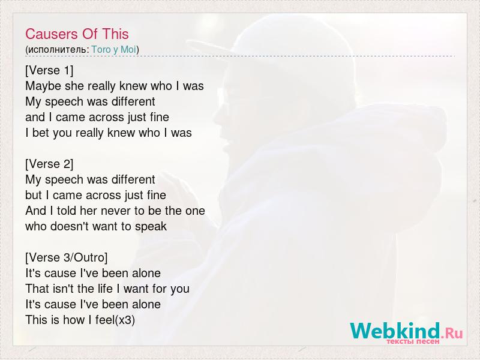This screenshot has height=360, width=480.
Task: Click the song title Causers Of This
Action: click(77, 34)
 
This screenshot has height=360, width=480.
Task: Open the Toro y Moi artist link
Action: click(113, 49)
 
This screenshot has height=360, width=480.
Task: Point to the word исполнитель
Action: click(56, 50)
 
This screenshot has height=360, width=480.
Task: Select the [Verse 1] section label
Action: click(49, 70)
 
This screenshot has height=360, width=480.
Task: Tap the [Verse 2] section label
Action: click(49, 164)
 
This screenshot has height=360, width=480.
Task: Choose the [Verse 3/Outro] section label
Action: click(67, 258)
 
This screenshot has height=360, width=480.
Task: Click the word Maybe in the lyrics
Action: click(43, 86)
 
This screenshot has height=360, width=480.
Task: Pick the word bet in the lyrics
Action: click(41, 133)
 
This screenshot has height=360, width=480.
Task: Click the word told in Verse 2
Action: click(67, 211)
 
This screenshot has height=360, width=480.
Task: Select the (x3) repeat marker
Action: click(125, 320)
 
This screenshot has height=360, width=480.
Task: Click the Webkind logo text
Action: click(395, 331)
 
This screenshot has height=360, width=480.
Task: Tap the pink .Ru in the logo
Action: click(452, 332)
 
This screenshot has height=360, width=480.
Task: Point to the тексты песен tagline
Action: click(413, 341)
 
